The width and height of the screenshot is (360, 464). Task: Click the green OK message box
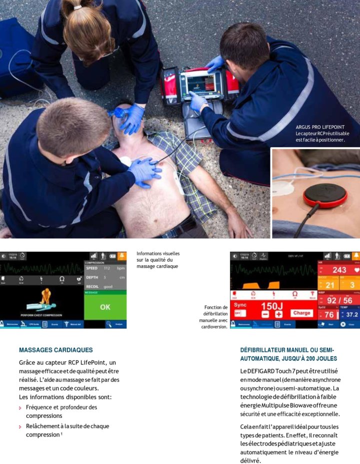(105, 306)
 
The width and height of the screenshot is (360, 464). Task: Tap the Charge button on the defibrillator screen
(302, 313)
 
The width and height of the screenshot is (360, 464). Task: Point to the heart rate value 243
(339, 270)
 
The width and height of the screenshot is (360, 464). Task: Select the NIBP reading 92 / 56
(339, 300)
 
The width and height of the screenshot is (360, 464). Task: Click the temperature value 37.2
(352, 315)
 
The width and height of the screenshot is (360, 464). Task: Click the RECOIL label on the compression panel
(93, 286)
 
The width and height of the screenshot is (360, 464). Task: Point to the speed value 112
(107, 268)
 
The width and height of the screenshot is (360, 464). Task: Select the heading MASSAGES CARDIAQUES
(55, 350)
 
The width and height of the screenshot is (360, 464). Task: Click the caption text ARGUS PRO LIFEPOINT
(320, 127)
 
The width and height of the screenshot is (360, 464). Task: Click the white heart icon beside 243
(356, 270)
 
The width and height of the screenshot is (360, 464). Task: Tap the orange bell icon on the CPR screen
(122, 256)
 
